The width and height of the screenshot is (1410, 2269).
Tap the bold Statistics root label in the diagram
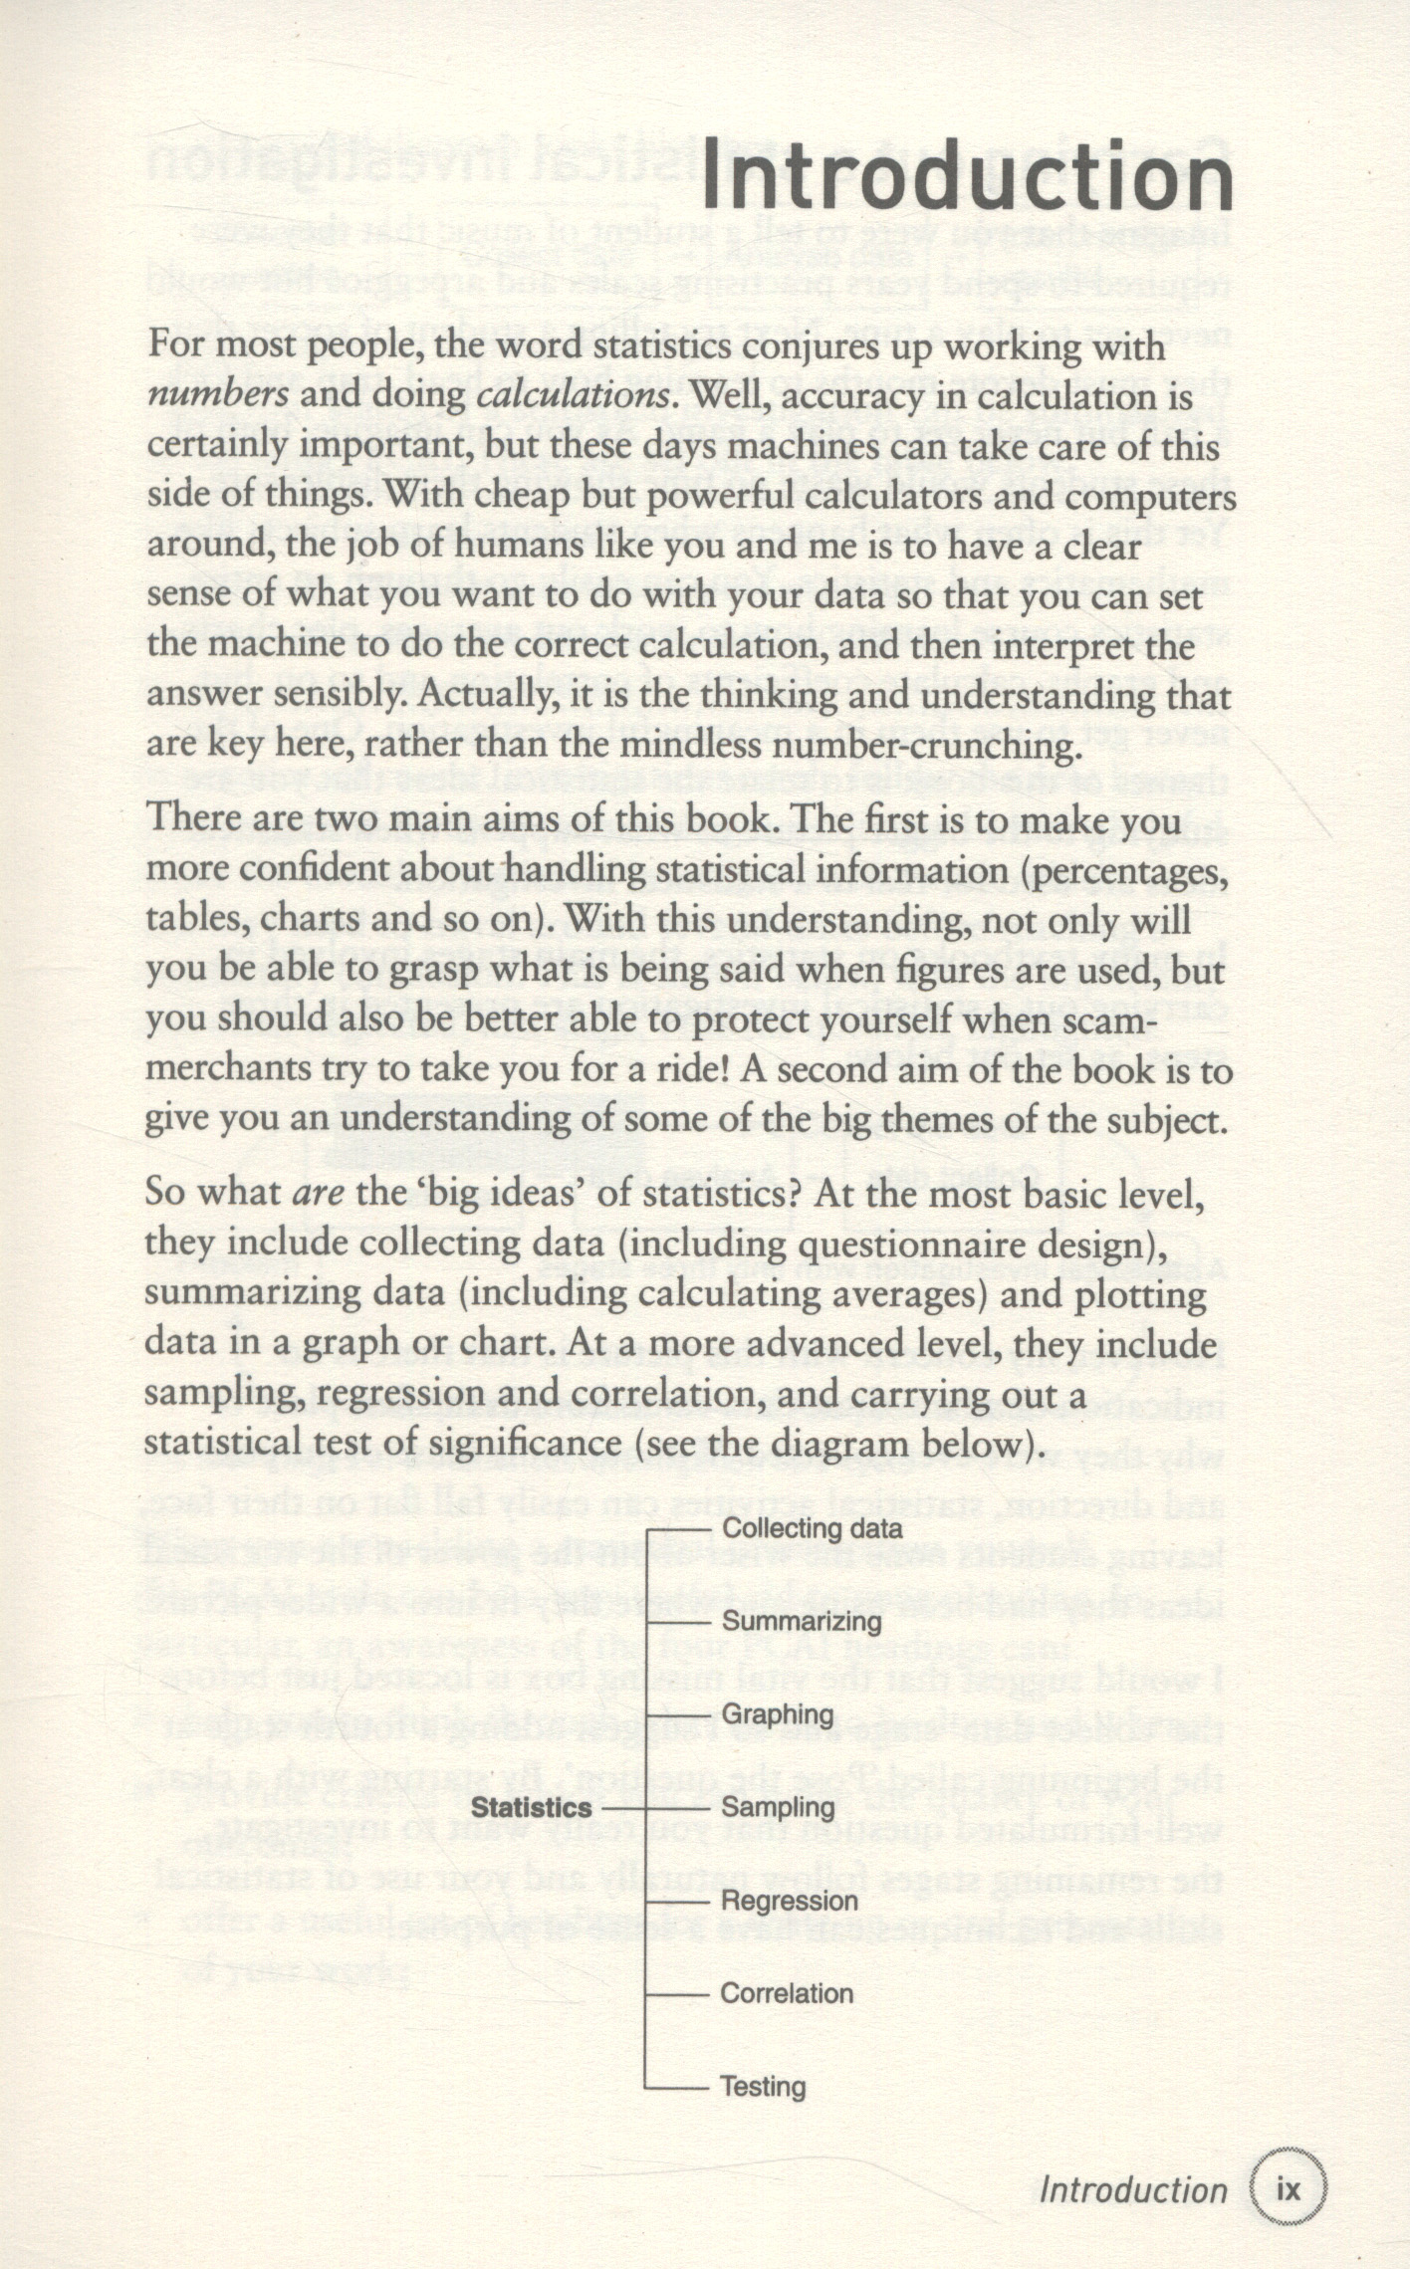(x=531, y=1808)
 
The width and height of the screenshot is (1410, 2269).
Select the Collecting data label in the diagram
(x=812, y=1528)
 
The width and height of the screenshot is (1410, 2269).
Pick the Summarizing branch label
(x=802, y=1622)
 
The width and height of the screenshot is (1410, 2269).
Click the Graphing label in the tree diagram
(x=777, y=1714)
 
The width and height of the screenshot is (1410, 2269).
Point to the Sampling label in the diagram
(x=778, y=1807)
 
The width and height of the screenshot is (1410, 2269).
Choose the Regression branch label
(x=789, y=1901)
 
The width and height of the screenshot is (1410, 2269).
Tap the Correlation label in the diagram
(x=787, y=1993)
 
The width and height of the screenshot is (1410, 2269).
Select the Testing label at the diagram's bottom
(x=763, y=2087)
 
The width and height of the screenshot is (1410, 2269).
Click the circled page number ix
(x=1289, y=2191)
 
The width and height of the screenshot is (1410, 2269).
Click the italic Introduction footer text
(x=1132, y=2191)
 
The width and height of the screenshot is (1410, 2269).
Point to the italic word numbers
(x=218, y=395)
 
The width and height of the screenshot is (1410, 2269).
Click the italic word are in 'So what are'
(x=318, y=1193)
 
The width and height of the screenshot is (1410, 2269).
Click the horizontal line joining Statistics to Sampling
(x=625, y=1807)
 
